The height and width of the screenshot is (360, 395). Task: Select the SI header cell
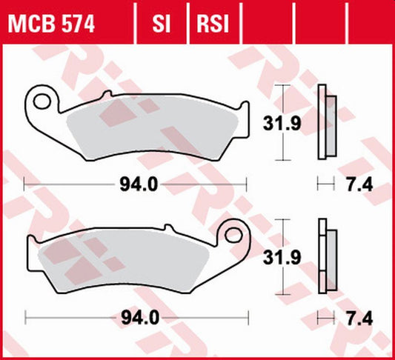[x=162, y=26]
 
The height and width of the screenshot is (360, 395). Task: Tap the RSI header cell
[x=211, y=26]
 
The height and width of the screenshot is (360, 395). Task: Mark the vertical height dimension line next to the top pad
[x=282, y=123]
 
